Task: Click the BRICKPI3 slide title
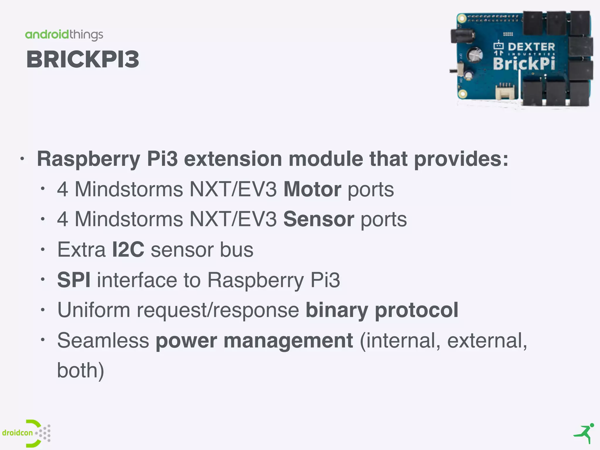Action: (83, 59)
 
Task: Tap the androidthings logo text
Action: (64, 35)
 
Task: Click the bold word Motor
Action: (312, 189)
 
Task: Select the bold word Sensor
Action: (319, 219)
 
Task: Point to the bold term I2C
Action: (128, 250)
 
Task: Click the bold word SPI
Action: (74, 280)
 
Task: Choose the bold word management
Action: (288, 340)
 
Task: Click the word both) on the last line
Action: (81, 371)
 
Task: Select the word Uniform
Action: (94, 310)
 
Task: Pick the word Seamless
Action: (103, 340)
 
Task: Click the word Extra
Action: (81, 250)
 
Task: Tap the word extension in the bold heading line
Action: (233, 159)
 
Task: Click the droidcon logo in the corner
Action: (26, 433)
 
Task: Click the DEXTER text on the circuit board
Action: (531, 47)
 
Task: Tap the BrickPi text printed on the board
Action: (524, 64)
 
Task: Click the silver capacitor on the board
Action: (475, 54)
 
